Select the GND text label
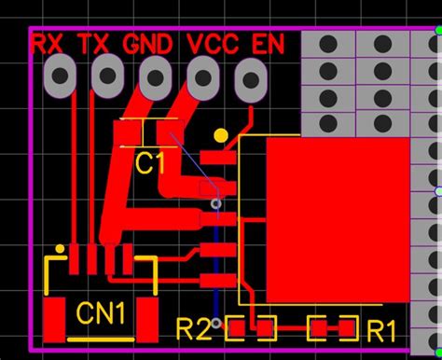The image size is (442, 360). pyautogui.click(x=147, y=43)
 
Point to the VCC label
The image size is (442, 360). pyautogui.click(x=213, y=43)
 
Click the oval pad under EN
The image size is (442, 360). pyautogui.click(x=249, y=76)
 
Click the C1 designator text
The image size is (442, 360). pyautogui.click(x=149, y=164)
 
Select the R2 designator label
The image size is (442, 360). pyautogui.click(x=193, y=329)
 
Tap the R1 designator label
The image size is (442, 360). pyautogui.click(x=381, y=329)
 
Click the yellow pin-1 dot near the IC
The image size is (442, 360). pyautogui.click(x=220, y=135)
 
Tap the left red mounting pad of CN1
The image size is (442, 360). pyautogui.click(x=56, y=315)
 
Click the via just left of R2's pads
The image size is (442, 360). pyautogui.click(x=216, y=323)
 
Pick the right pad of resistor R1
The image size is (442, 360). pyautogui.click(x=347, y=327)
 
